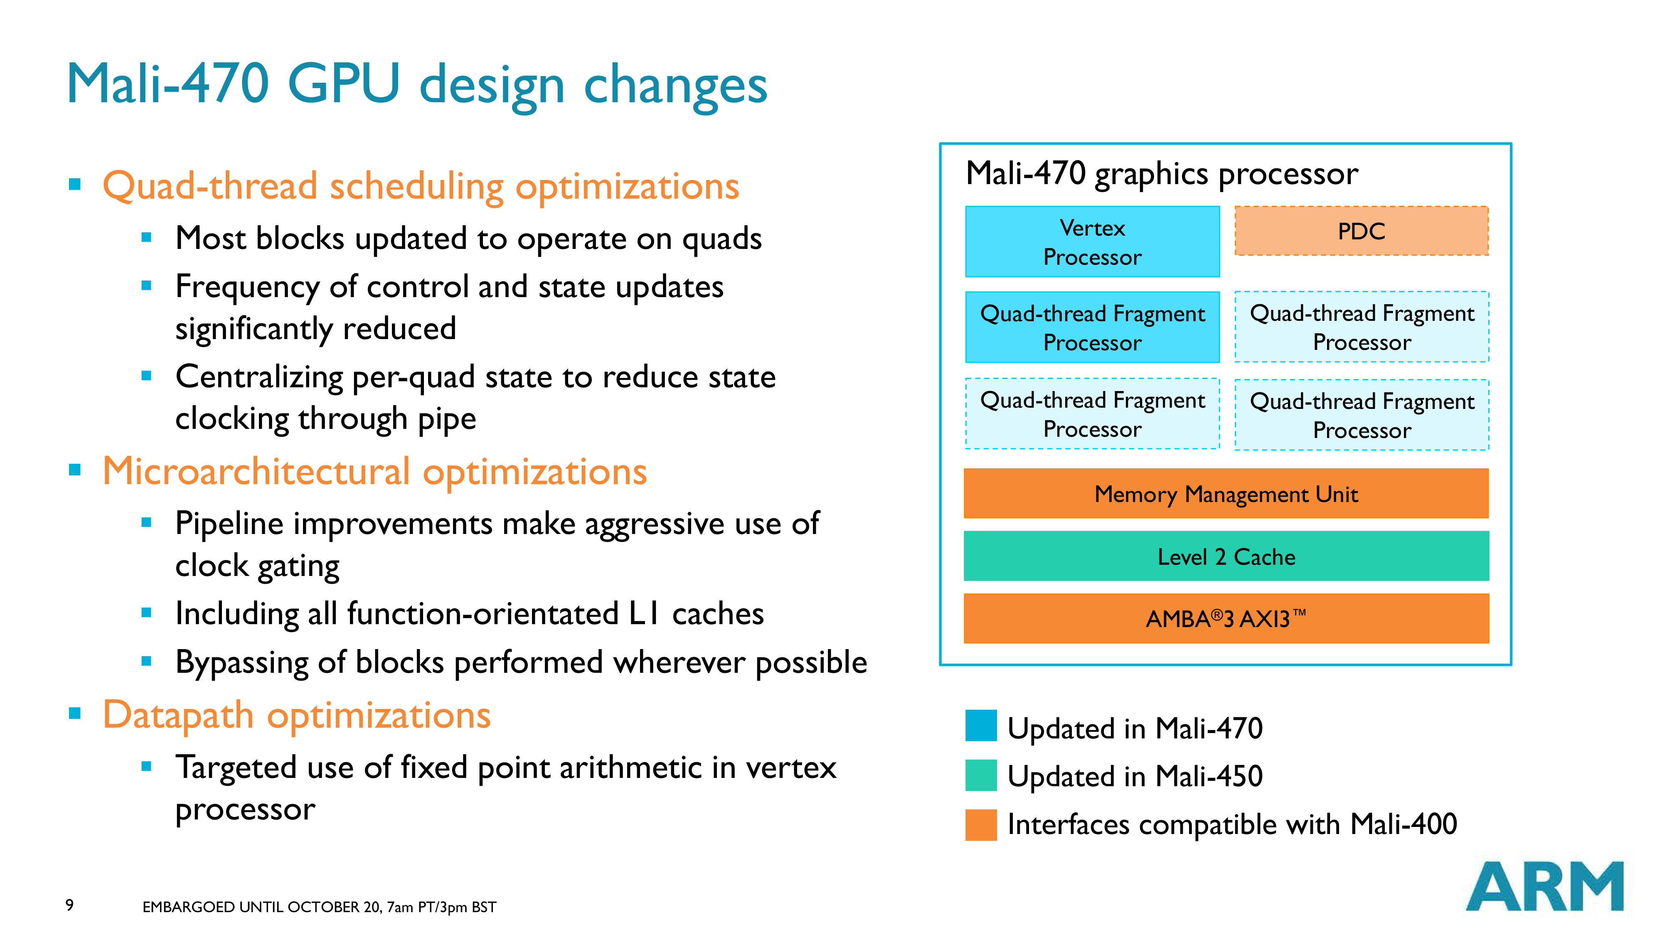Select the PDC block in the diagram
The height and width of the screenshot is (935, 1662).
pos(1362,231)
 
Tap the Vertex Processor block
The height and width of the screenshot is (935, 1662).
pos(1092,242)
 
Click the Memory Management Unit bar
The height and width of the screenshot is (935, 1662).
pos(1226,494)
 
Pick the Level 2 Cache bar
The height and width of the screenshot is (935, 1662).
pos(1226,556)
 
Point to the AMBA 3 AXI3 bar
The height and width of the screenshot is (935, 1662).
pos(1226,618)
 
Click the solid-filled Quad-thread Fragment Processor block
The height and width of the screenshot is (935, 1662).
pos(1092,327)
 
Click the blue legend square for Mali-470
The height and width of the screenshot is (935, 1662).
pos(981,726)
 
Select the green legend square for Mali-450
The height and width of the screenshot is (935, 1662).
pos(981,775)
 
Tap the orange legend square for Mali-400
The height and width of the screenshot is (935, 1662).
pos(981,824)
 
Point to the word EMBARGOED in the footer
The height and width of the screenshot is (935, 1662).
pos(188,907)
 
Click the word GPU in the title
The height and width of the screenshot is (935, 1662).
pos(344,84)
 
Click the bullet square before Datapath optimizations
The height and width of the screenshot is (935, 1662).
pos(75,713)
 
